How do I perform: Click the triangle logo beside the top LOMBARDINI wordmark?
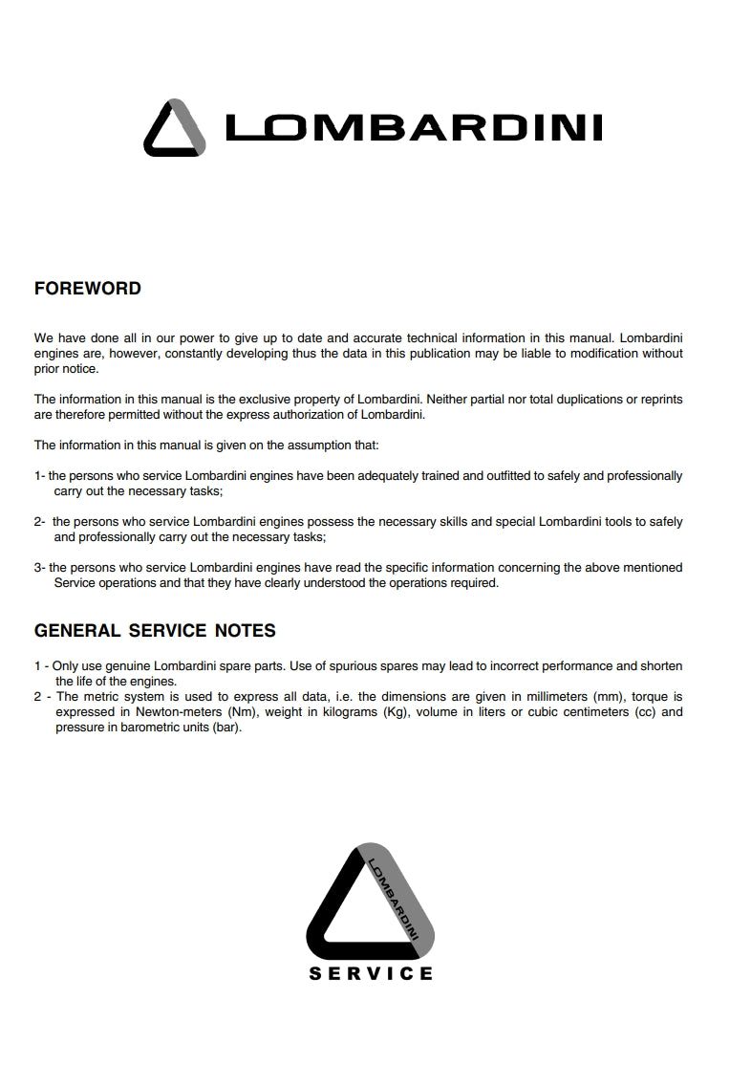pos(174,128)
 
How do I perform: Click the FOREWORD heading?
pos(87,288)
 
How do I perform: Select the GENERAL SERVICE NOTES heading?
pos(155,630)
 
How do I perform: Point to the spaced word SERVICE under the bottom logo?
pos(371,973)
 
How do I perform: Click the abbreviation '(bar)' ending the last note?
pos(225,728)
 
